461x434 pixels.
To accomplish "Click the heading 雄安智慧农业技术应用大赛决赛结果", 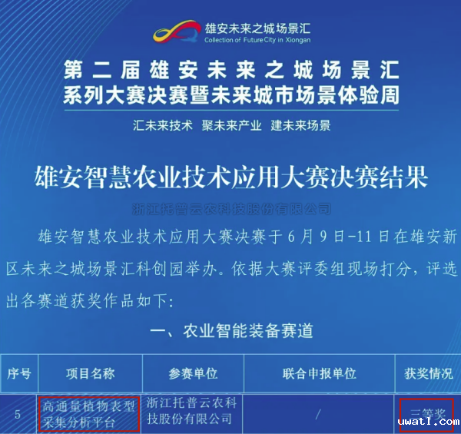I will point(230,178).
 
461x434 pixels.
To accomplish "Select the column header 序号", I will point(18,373).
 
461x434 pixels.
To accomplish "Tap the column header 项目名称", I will point(90,373).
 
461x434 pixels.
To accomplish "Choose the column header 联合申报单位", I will point(320,373).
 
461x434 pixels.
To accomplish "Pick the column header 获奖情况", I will point(428,373).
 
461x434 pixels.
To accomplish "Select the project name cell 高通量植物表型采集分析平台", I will point(89,413).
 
